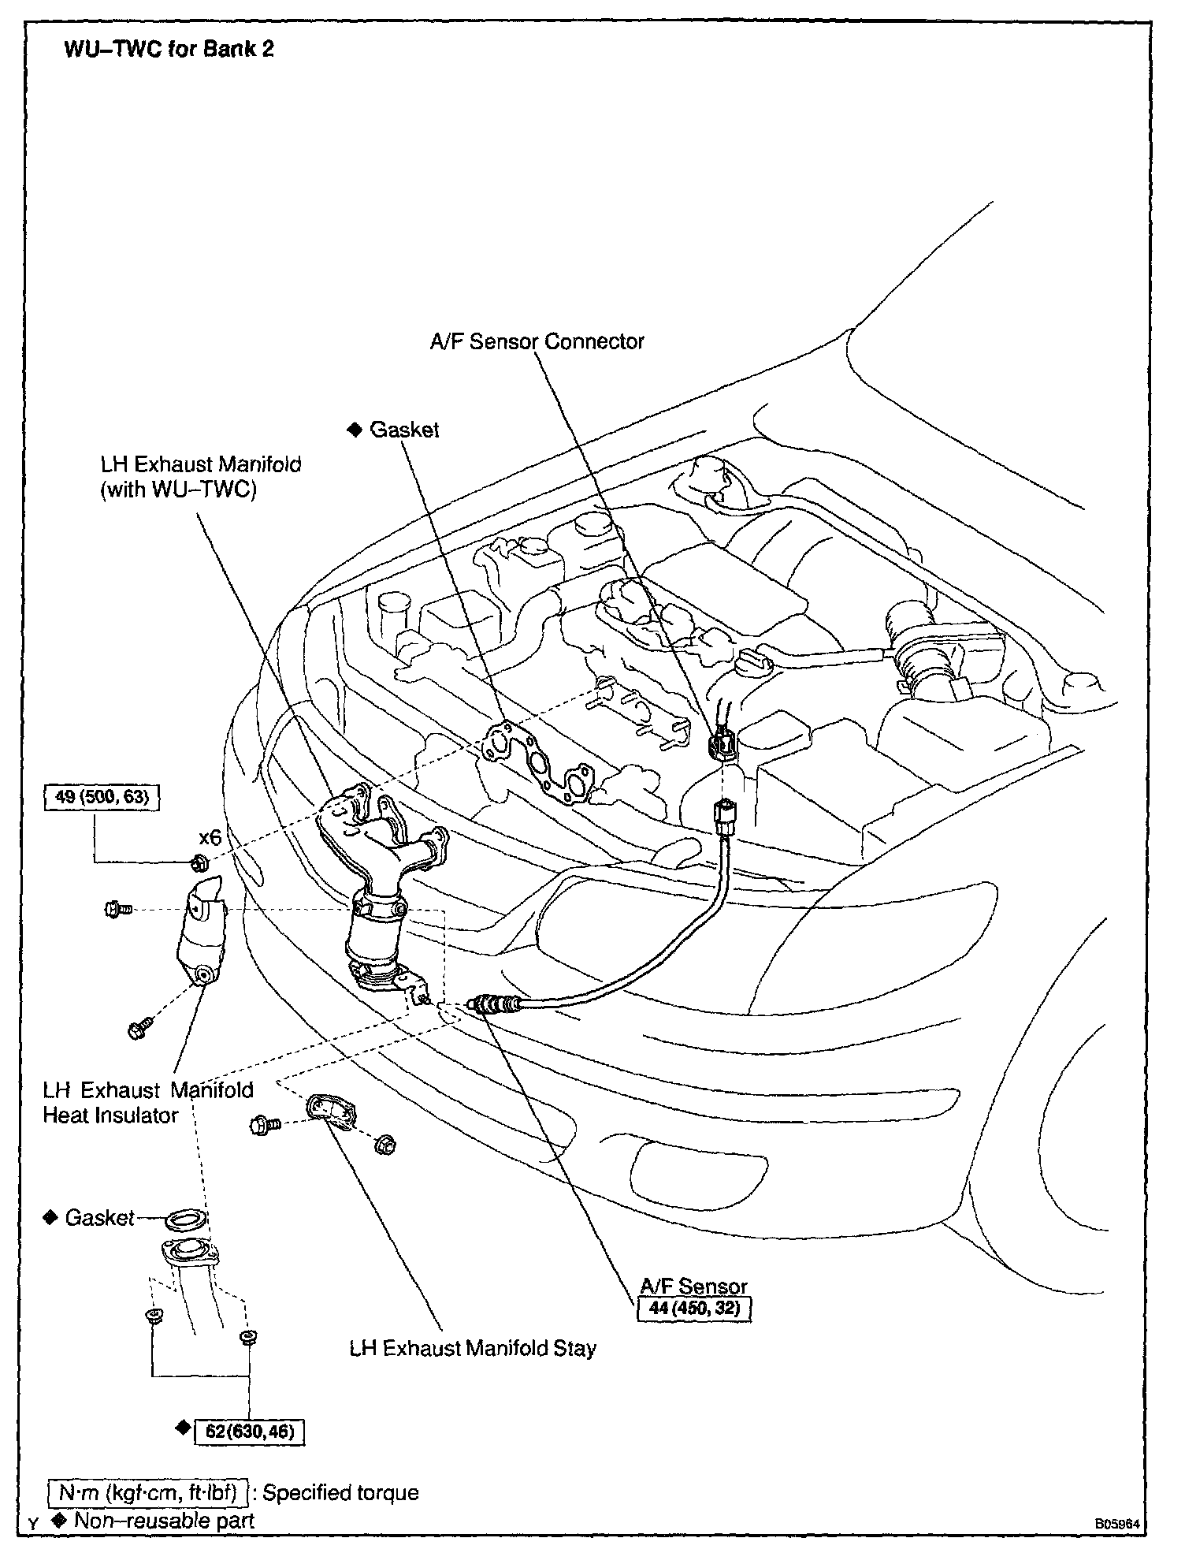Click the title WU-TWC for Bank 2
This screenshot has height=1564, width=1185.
click(169, 49)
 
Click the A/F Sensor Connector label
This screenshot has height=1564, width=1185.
click(537, 341)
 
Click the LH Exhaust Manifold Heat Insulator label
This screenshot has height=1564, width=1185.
click(148, 1102)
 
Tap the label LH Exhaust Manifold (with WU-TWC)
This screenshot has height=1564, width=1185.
click(200, 477)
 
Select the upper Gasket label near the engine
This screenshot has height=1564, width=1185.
click(403, 430)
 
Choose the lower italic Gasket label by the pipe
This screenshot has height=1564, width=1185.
click(99, 1218)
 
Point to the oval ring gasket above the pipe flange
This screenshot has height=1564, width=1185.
click(186, 1220)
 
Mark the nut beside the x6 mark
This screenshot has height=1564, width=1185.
click(200, 861)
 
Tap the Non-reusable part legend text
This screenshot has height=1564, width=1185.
click(164, 1520)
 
